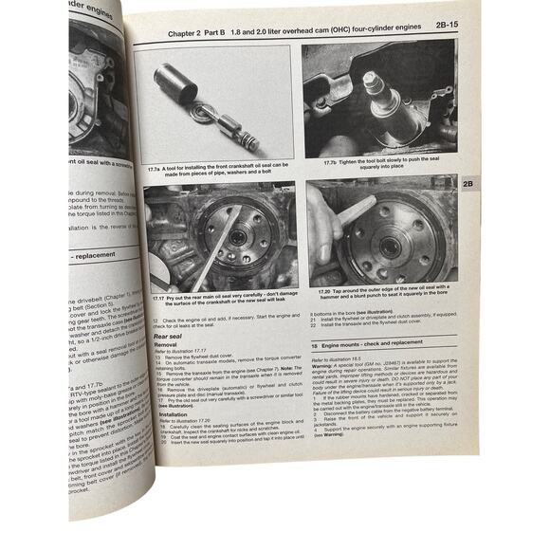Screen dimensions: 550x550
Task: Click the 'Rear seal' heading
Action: (168, 335)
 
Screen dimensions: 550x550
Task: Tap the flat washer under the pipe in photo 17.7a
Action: (202, 113)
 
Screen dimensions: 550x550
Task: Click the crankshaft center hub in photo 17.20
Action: (389, 244)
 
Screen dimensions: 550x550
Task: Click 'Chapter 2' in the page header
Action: (189, 32)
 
